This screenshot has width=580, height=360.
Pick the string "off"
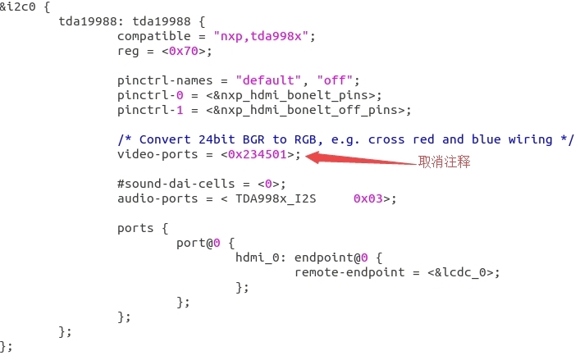tap(336, 80)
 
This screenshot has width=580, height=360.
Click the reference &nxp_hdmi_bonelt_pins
tap(300, 95)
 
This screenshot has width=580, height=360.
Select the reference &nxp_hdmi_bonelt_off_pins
tap(315, 110)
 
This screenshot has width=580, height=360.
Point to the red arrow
tap(361, 158)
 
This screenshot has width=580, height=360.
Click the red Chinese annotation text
tap(445, 162)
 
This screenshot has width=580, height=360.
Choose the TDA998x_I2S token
tap(278, 198)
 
